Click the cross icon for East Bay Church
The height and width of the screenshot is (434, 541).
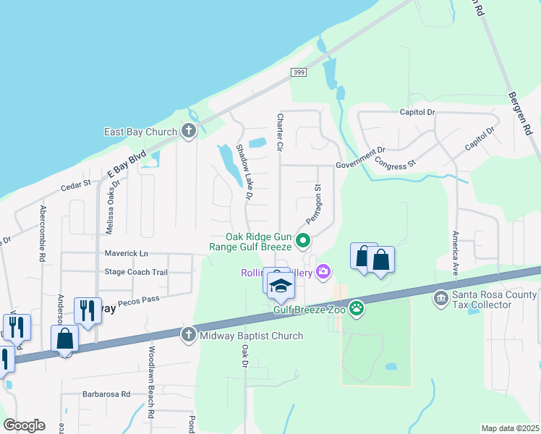tap(189, 131)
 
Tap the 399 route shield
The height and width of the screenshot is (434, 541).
tap(298, 72)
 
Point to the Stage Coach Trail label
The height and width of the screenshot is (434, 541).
tap(136, 272)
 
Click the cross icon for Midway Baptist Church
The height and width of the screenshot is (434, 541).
tap(189, 334)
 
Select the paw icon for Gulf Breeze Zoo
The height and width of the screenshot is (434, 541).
tap(357, 309)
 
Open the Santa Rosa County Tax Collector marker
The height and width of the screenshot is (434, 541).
tap(440, 298)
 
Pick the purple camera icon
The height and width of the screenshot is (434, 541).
tap(323, 271)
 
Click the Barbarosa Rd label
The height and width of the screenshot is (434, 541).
tap(106, 394)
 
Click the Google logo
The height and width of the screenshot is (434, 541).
tap(24, 425)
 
